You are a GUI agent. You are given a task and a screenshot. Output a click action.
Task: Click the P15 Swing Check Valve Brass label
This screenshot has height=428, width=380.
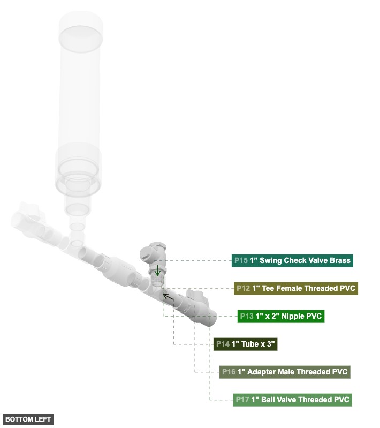coord(293,261)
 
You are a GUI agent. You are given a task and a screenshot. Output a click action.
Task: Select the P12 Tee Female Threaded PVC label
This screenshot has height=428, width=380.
coord(295,288)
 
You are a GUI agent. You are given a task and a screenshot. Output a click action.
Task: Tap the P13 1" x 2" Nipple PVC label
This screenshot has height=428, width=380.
coord(281,316)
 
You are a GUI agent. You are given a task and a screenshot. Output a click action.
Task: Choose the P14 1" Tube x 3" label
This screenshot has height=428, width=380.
coord(245,344)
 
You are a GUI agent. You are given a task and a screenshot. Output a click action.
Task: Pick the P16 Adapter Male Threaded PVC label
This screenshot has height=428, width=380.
coord(285,372)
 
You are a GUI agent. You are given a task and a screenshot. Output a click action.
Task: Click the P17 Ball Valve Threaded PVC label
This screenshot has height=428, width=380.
coord(292,400)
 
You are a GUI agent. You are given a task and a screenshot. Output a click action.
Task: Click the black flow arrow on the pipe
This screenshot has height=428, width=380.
coord(168,296)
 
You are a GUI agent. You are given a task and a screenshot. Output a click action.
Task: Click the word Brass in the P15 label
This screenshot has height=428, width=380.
coord(339,261)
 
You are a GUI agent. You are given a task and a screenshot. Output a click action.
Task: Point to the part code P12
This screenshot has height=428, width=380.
coord(243,288)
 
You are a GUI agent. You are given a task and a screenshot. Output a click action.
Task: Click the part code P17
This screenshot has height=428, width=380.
coord(242,400)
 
